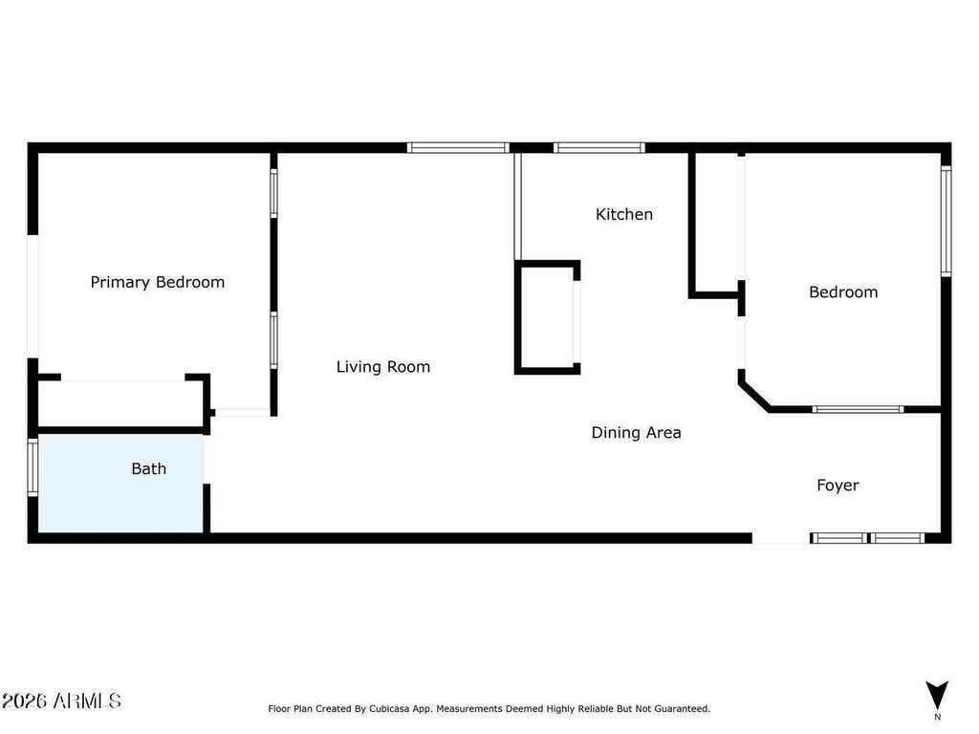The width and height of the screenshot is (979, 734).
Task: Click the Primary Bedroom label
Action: click(x=158, y=282)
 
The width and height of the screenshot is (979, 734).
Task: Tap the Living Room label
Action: click(x=383, y=367)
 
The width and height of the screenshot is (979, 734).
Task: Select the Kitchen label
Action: click(x=624, y=214)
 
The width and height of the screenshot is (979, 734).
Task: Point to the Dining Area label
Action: click(x=636, y=433)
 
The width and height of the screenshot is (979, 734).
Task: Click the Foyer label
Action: click(x=838, y=485)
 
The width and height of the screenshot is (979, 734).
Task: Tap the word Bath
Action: click(x=148, y=468)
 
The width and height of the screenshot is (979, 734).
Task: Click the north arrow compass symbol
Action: click(x=937, y=696)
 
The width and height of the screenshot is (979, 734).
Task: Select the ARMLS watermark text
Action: click(x=61, y=701)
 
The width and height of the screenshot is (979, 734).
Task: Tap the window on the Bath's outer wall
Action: click(x=33, y=466)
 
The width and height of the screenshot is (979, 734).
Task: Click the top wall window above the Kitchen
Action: click(x=598, y=148)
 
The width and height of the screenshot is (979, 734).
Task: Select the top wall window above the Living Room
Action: click(x=458, y=148)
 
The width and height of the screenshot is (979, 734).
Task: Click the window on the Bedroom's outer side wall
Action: click(x=946, y=221)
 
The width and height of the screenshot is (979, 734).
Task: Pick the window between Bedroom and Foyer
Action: click(x=858, y=409)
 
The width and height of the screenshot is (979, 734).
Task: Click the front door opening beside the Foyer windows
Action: click(x=781, y=538)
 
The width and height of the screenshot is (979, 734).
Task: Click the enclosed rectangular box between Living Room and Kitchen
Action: click(x=548, y=317)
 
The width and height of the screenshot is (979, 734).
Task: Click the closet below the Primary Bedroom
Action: click(x=121, y=404)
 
